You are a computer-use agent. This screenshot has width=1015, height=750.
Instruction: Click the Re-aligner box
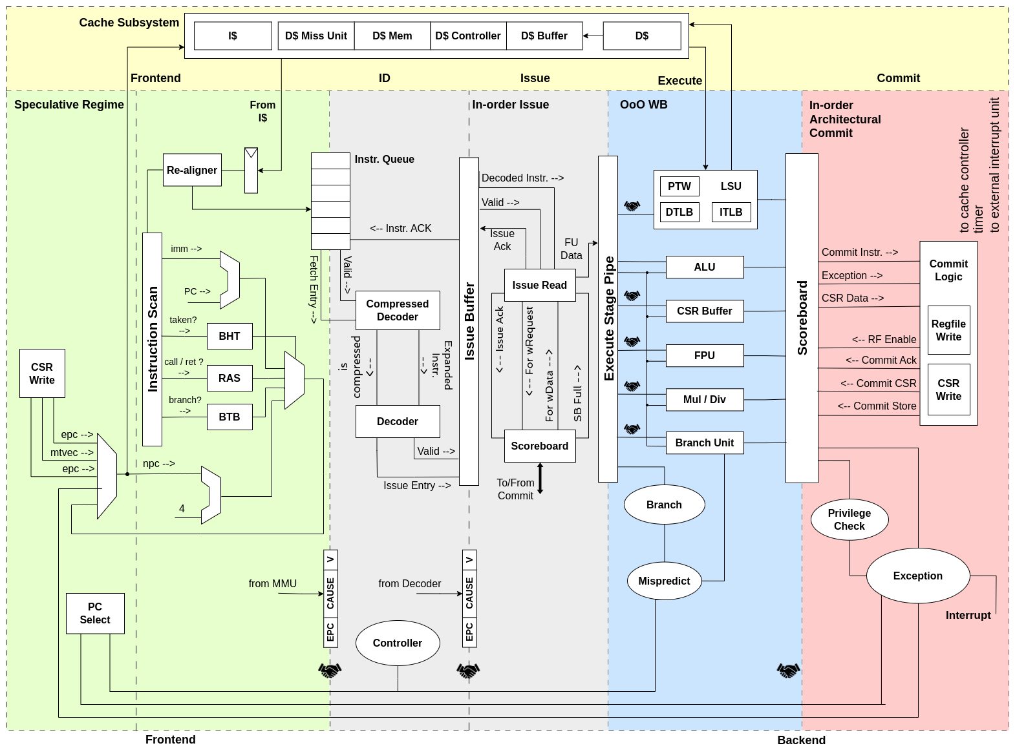coord(192,170)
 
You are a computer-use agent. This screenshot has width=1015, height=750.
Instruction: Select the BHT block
coord(230,336)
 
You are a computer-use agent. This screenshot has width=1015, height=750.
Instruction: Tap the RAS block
coord(230,378)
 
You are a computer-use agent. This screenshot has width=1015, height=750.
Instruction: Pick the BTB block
coord(230,417)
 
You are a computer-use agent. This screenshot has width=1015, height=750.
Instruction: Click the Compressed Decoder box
coord(398,310)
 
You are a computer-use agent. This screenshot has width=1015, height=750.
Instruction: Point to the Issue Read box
coord(540,285)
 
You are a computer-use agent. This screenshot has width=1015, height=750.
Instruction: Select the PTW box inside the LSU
coord(679,186)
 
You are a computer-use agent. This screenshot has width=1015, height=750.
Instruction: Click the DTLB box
coord(679,212)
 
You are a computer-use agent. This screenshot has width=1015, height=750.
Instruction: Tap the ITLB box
coord(731,212)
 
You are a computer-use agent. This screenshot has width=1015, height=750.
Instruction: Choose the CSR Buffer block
coord(705,311)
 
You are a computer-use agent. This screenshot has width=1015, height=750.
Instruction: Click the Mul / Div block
coord(705,399)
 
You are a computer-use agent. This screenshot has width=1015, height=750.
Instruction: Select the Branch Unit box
coord(705,443)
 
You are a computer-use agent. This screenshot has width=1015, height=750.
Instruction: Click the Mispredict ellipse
coord(664,581)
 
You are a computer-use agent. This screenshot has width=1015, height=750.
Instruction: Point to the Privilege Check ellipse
coord(849,519)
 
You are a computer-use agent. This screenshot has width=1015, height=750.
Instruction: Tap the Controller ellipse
coord(398,643)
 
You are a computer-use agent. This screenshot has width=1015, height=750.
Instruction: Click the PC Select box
coord(95,613)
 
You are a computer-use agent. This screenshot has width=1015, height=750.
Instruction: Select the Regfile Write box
coord(948,330)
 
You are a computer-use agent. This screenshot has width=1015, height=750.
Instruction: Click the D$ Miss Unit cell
coord(316,36)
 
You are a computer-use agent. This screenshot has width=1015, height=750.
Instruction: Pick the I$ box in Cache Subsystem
coord(233,36)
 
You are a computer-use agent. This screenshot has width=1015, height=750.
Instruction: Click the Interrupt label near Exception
coord(968,615)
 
